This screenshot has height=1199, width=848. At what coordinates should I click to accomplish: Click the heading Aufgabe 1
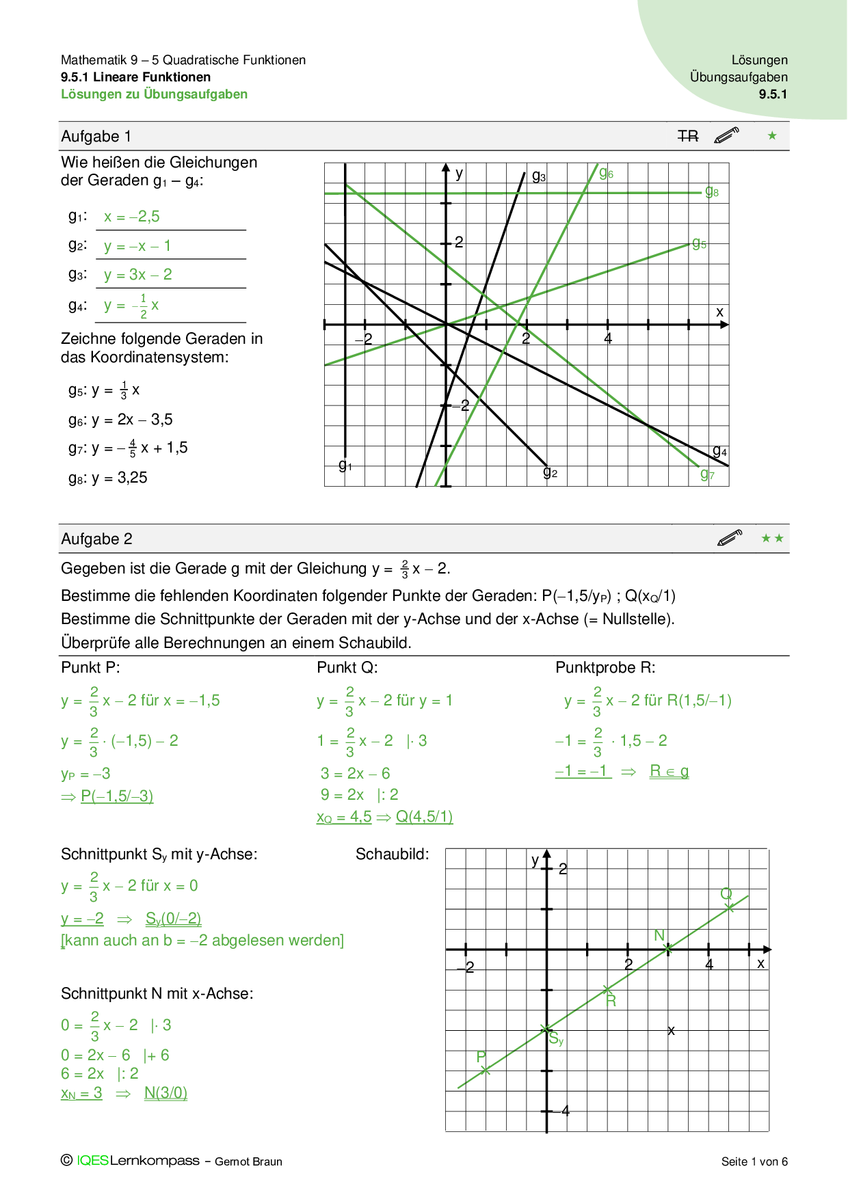click(96, 137)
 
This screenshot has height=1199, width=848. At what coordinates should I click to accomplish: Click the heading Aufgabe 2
click(96, 539)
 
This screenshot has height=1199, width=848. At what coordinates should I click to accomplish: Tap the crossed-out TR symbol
click(688, 137)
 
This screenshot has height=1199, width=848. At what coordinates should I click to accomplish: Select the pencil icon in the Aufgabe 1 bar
click(726, 135)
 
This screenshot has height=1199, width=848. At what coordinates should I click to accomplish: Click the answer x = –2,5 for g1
click(132, 217)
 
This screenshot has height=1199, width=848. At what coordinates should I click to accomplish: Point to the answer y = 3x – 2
click(138, 275)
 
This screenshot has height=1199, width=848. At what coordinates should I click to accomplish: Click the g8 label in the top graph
click(712, 191)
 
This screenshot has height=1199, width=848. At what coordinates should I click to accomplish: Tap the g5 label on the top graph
click(699, 243)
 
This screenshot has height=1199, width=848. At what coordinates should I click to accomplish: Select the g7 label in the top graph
click(707, 474)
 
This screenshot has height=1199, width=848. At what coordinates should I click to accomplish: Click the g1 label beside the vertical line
click(345, 466)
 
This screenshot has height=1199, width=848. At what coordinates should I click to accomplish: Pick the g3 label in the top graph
click(539, 176)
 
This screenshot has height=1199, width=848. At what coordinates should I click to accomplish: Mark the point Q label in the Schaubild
click(726, 894)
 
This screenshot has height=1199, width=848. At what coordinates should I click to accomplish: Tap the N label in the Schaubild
click(659, 935)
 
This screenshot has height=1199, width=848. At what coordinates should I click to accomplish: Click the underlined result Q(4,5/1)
click(424, 817)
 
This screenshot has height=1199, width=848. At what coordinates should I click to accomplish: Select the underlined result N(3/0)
click(165, 1093)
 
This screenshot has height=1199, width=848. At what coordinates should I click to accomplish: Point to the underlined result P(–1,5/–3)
click(117, 796)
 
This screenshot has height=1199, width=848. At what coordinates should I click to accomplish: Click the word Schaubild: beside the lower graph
click(392, 854)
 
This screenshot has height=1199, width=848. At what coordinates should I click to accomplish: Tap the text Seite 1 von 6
click(754, 1161)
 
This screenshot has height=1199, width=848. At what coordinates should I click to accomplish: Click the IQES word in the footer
click(92, 1161)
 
